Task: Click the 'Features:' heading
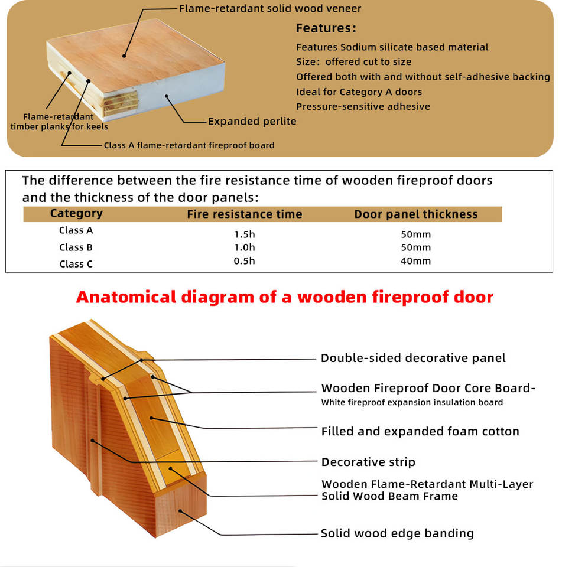[326, 28]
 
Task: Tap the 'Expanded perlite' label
[252, 122]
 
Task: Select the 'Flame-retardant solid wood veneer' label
[270, 8]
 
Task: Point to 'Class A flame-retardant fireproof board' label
[189, 145]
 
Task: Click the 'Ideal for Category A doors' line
[359, 92]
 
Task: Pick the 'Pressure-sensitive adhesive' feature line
[363, 107]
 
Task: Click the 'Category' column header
[76, 214]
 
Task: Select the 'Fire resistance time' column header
[244, 214]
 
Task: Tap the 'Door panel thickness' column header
[415, 214]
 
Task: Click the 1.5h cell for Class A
[244, 234]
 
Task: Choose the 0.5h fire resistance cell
[244, 261]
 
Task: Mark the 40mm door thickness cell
[415, 261]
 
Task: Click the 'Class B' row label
[76, 247]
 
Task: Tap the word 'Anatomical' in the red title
[125, 296]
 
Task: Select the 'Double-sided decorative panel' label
[413, 358]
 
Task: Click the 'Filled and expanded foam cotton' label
[420, 432]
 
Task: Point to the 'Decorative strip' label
[368, 462]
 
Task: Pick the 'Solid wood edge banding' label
[397, 533]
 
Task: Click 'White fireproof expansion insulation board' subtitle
[412, 403]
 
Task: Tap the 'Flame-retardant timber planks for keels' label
[59, 122]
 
